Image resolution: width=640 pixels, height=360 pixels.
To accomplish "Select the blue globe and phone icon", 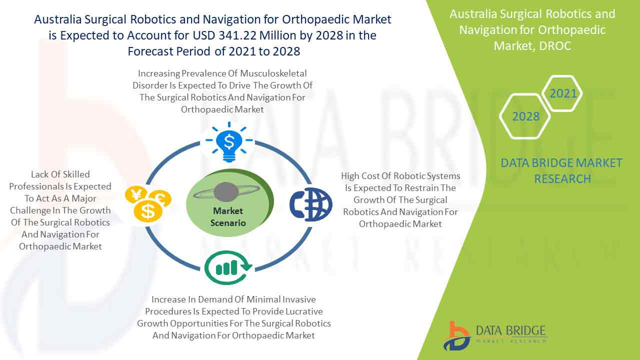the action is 311,204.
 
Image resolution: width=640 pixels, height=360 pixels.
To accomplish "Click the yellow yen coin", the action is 135,194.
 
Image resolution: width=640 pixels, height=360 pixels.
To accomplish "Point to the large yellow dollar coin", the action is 148,211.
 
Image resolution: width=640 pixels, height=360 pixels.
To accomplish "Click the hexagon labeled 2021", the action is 562,93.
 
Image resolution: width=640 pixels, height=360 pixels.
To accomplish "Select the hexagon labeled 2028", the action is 525,116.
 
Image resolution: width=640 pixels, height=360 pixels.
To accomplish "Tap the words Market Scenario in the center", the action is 228,217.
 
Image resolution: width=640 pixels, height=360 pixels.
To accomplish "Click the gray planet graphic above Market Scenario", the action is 226,192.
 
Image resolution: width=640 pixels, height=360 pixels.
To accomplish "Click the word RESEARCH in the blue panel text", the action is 562,179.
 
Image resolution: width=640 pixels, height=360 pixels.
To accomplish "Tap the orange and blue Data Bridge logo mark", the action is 456,336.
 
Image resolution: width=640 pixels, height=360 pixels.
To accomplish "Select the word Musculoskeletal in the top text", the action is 273,73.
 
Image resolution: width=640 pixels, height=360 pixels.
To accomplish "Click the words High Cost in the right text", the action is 360,176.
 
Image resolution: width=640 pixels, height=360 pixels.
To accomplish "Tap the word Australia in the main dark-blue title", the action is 57,19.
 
